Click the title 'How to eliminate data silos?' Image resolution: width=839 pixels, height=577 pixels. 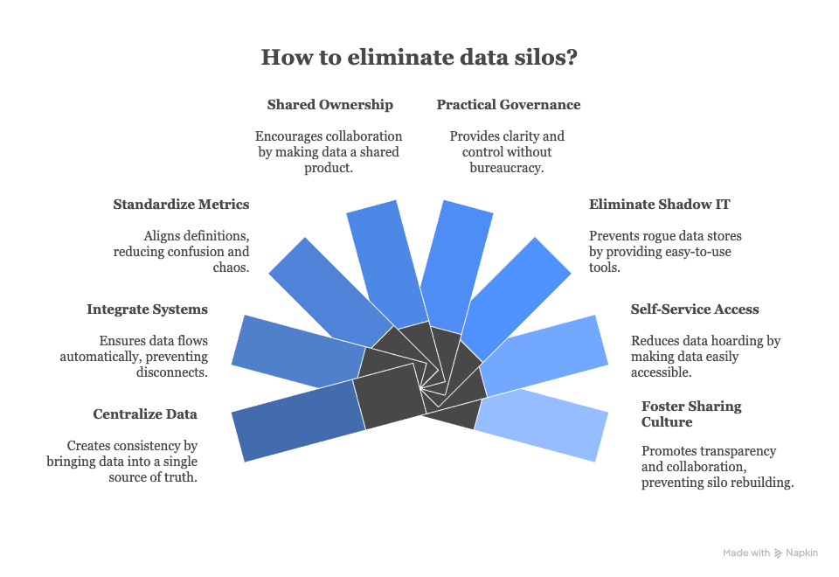(419, 59)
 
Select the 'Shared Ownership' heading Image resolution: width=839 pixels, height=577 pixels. (329, 105)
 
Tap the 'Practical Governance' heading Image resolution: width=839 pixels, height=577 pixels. (509, 105)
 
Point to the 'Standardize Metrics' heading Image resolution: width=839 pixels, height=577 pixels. (181, 205)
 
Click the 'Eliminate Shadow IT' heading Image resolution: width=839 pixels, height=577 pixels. (659, 205)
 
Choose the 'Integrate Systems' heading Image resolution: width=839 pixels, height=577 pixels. (147, 309)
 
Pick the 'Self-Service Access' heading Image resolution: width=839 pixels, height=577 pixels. (695, 309)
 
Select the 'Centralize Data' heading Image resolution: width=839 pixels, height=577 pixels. (145, 414)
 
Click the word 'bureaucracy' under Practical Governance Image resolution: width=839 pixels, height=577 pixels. (507, 167)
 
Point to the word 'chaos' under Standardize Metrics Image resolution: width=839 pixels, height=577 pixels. (231, 268)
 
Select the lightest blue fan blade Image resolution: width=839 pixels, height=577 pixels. (541, 425)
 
